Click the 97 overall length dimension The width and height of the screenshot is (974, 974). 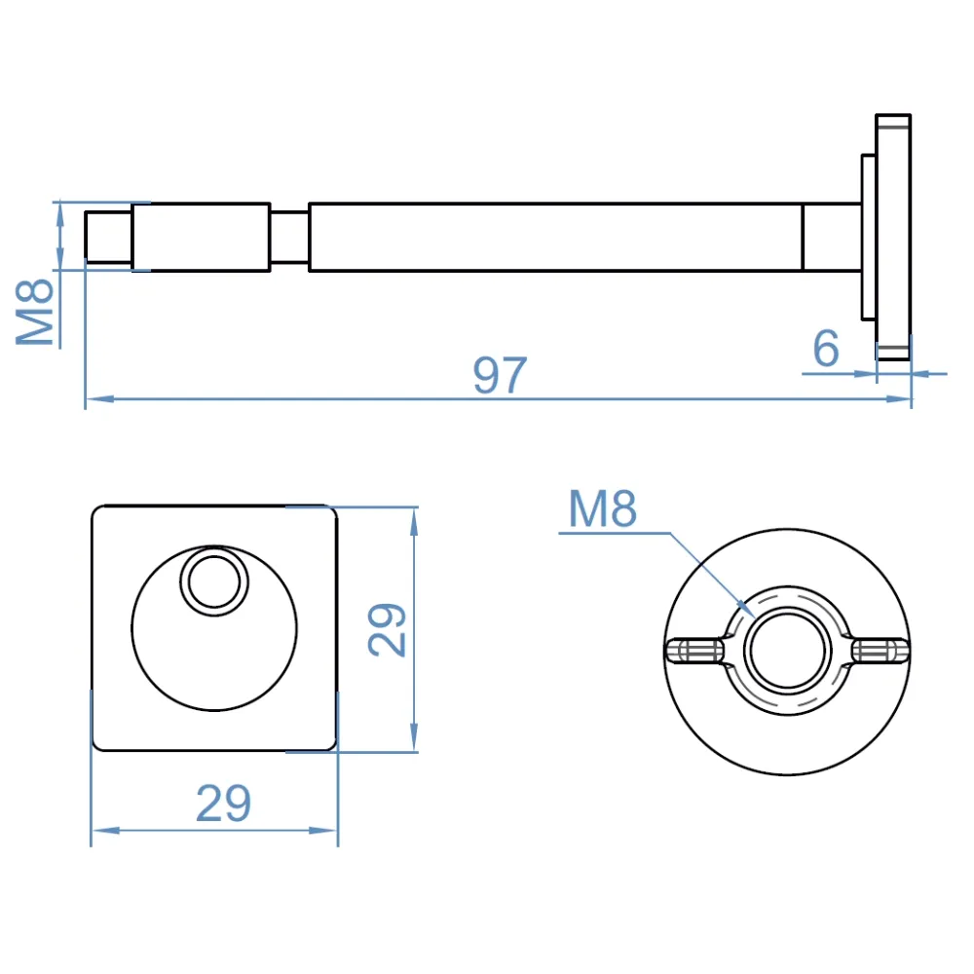500,375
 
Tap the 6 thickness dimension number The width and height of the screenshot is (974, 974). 826,349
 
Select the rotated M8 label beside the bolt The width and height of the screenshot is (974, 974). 35,312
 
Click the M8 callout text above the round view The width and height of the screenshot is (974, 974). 603,508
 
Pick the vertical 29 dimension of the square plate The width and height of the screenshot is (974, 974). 387,629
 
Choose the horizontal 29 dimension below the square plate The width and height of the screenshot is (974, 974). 224,804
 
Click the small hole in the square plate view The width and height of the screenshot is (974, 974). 214,581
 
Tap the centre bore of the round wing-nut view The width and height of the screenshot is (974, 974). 787,651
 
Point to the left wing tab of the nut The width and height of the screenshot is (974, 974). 694,651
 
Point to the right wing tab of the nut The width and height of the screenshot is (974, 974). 880,651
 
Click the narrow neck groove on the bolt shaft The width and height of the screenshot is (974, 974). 289,238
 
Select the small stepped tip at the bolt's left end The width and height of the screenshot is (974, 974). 109,237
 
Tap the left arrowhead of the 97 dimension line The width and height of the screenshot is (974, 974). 100,398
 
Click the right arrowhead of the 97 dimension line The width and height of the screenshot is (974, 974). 897,398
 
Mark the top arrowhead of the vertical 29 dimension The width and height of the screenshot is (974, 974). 414,522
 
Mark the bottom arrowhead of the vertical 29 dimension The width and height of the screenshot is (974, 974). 414,737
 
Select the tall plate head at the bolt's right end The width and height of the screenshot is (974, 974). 893,237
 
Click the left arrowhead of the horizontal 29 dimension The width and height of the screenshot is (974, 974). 106,830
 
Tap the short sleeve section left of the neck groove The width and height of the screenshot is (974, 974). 202,237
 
